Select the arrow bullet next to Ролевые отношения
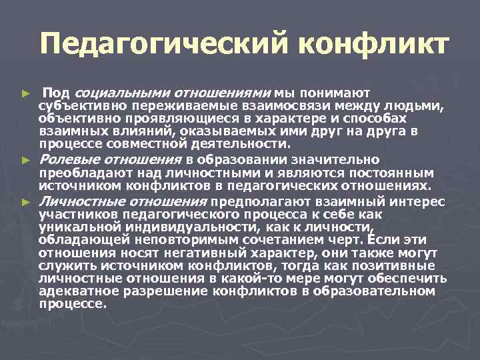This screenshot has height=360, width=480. pyautogui.click(x=26, y=160)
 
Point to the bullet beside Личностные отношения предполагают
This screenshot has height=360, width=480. pyautogui.click(x=26, y=201)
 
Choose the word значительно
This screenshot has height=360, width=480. pyautogui.click(x=340, y=159)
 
